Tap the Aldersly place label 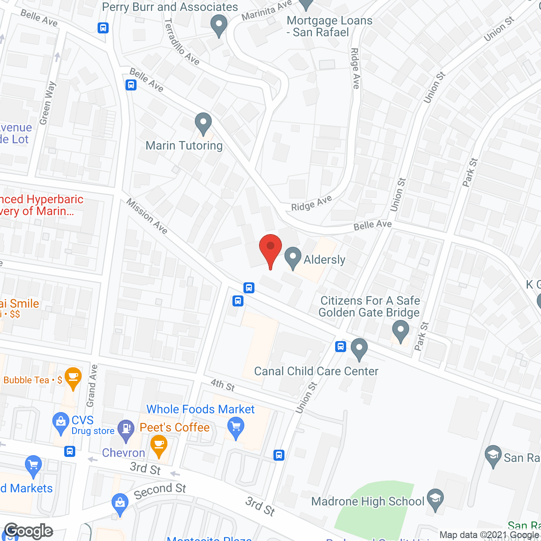click(x=324, y=260)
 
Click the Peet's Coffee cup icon click(x=159, y=446)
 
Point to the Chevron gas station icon click(x=126, y=429)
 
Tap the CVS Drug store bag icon click(x=60, y=423)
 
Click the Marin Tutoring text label click(x=184, y=146)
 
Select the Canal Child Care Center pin click(x=359, y=349)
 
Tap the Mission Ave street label click(x=147, y=216)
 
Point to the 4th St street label click(x=223, y=385)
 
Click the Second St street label click(x=160, y=491)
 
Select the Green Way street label click(x=47, y=103)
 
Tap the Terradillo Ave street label click(x=181, y=42)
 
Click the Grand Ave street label click(x=92, y=386)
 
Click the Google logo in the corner click(x=29, y=531)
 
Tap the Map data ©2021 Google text click(x=489, y=535)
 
